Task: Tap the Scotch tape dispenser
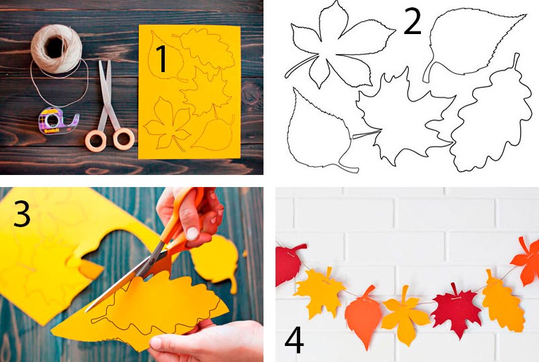click(58, 121)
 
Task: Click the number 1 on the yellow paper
click(161, 59)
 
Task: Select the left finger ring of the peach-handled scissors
click(96, 140)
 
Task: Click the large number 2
click(412, 21)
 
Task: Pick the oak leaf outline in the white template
click(491, 116)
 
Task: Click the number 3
click(22, 214)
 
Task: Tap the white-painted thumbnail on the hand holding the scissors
click(192, 234)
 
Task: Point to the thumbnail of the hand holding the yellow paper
click(156, 343)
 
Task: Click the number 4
click(294, 340)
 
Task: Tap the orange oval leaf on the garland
click(364, 317)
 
